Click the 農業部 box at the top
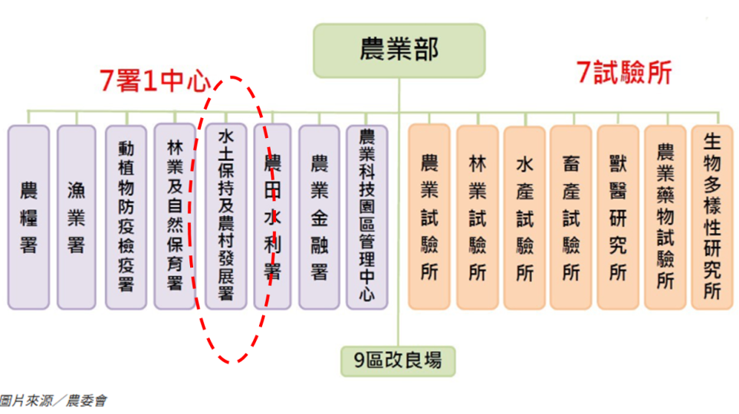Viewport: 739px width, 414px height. (399, 50)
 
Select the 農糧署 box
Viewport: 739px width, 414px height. (29, 217)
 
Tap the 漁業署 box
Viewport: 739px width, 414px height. (77, 217)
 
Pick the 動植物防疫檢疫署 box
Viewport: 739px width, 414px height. (126, 217)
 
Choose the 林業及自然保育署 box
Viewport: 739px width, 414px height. (174, 217)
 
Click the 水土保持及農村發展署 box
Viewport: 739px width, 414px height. (226, 217)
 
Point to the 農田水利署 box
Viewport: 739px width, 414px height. (272, 217)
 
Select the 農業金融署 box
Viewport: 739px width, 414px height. (319, 217)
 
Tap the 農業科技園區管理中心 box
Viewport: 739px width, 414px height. (367, 217)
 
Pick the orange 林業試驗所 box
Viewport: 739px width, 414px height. (478, 217)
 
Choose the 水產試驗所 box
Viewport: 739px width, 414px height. (524, 217)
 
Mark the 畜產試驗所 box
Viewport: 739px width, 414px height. (571, 217)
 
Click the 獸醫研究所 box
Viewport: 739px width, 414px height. (618, 217)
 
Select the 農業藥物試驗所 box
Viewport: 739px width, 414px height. (665, 217)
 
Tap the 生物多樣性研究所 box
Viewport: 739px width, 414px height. (712, 217)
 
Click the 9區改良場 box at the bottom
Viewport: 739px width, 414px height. (398, 360)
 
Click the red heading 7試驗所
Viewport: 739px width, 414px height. (624, 73)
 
